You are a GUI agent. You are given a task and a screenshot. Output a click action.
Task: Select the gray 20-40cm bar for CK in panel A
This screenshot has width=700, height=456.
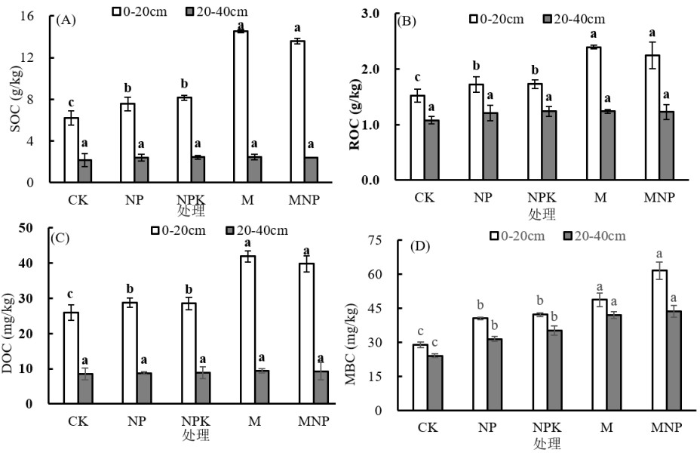85,171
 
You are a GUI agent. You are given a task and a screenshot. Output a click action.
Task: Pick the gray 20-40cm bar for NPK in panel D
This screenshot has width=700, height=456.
554,370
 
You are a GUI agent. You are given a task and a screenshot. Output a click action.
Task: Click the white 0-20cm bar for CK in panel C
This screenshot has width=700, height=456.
71,358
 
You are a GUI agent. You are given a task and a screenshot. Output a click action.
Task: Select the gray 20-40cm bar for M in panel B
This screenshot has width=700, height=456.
607,146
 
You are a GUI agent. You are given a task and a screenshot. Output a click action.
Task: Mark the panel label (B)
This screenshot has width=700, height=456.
407,21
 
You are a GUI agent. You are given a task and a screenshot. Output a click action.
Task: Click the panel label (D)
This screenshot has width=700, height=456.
420,246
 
